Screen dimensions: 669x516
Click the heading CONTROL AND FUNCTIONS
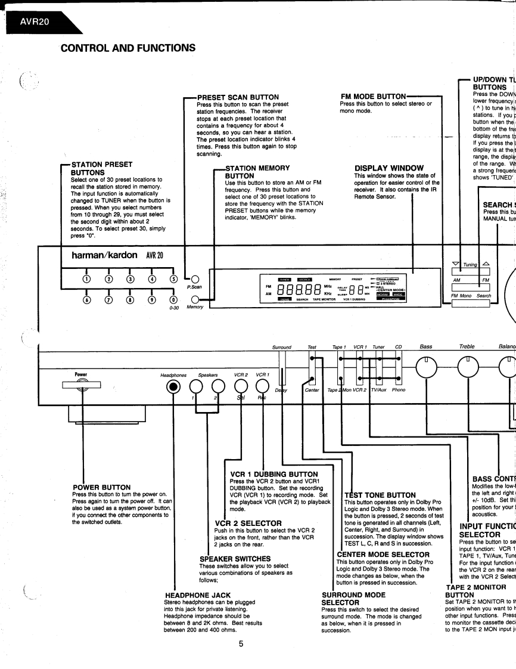click(x=128, y=48)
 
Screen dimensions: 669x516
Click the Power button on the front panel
click(x=81, y=386)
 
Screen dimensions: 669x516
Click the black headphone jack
click(x=173, y=388)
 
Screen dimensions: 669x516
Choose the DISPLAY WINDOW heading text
click(x=388, y=168)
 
